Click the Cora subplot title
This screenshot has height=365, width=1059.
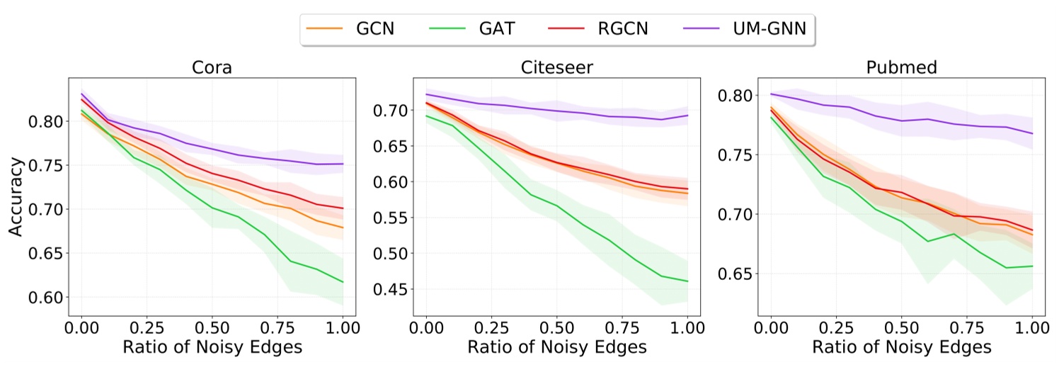213,69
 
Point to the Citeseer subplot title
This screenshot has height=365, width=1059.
557,69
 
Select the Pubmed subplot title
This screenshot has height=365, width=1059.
900,69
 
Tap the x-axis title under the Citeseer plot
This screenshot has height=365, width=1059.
557,347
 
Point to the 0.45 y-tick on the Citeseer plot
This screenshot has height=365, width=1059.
391,289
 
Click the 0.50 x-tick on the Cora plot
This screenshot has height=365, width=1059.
212,329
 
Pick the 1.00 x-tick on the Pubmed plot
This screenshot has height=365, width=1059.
1031,329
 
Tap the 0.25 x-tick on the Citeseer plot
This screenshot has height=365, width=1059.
491,329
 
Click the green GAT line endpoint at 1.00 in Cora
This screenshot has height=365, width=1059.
343,282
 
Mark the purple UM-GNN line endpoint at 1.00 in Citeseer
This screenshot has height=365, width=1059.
687,116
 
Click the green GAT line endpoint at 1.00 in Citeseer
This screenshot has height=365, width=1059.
687,281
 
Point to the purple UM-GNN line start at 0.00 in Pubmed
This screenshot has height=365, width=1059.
771,94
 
